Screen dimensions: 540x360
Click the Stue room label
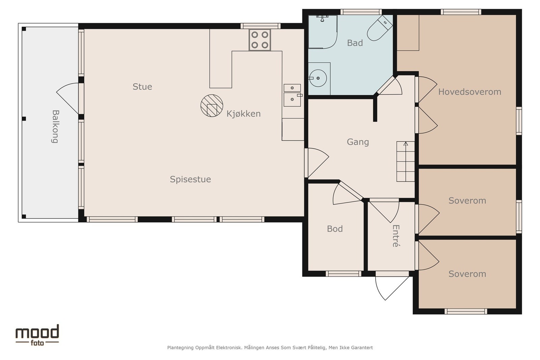pyautogui.click(x=142, y=87)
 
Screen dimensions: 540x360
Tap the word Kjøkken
pyautogui.click(x=243, y=114)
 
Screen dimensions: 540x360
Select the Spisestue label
pyautogui.click(x=190, y=179)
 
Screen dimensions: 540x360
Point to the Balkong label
pyautogui.click(x=55, y=127)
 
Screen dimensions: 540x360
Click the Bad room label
pyautogui.click(x=355, y=43)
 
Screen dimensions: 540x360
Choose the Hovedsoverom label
pyautogui.click(x=469, y=92)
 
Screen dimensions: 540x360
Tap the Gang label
pyautogui.click(x=358, y=142)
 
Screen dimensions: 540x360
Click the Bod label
pyautogui.click(x=335, y=229)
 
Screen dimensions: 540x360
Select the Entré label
pyautogui.click(x=396, y=236)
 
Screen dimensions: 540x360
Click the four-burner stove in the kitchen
pyautogui.click(x=260, y=40)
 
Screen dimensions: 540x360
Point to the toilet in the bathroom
pyautogui.click(x=380, y=28)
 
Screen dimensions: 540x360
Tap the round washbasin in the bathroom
pyautogui.click(x=318, y=78)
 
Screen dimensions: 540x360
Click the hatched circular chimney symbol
pyautogui.click(x=212, y=106)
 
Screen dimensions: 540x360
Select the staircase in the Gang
pyautogui.click(x=406, y=162)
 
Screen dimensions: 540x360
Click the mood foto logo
pyautogui.click(x=37, y=335)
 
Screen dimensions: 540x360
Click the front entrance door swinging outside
pyautogui.click(x=392, y=288)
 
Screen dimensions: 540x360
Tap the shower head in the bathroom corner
pyautogui.click(x=322, y=18)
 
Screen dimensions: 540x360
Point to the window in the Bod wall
pyautogui.click(x=344, y=274)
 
